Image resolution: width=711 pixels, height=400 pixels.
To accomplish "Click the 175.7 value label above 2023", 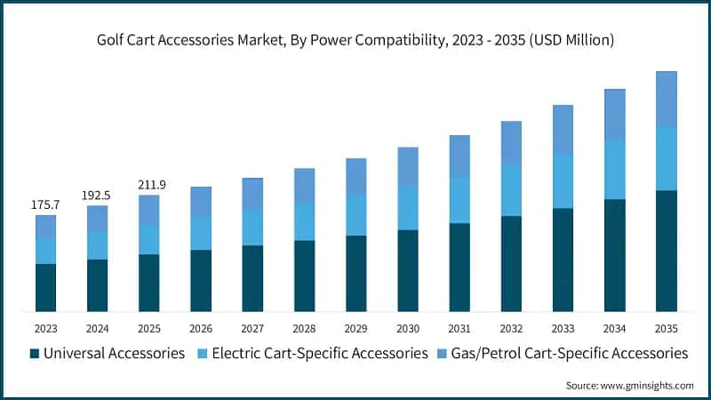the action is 45,204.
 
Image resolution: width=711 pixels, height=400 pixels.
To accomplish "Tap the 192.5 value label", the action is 96,196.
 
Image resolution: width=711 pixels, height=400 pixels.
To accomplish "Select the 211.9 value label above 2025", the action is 152,185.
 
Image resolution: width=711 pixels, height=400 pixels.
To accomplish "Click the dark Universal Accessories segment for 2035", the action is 666,251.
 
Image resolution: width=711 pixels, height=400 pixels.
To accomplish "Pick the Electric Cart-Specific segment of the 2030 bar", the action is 408,208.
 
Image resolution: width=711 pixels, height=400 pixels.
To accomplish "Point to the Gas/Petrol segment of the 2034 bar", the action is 614,116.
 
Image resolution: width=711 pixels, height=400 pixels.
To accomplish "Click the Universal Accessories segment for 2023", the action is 46,287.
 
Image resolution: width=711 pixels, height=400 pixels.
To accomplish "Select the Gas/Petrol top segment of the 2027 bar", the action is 252,194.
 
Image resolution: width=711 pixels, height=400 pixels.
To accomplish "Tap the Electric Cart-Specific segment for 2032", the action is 511,190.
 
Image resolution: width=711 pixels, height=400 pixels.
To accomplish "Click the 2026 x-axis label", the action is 201,328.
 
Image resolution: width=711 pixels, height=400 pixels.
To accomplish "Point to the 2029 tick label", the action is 356,328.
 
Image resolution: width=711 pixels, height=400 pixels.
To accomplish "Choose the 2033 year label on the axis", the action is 563,328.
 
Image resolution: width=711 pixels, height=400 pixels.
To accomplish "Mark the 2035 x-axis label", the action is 666,328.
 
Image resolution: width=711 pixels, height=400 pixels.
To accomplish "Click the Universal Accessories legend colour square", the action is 35,354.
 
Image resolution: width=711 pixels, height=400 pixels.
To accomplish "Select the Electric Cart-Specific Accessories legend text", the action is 320,353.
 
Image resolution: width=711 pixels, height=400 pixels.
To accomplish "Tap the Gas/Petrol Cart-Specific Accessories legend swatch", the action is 442,354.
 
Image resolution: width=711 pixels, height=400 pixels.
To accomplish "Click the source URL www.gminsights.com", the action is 647,386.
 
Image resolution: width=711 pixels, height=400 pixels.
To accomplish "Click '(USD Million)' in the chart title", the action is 571,40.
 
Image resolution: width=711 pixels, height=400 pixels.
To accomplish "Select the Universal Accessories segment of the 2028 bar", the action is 304,276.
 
